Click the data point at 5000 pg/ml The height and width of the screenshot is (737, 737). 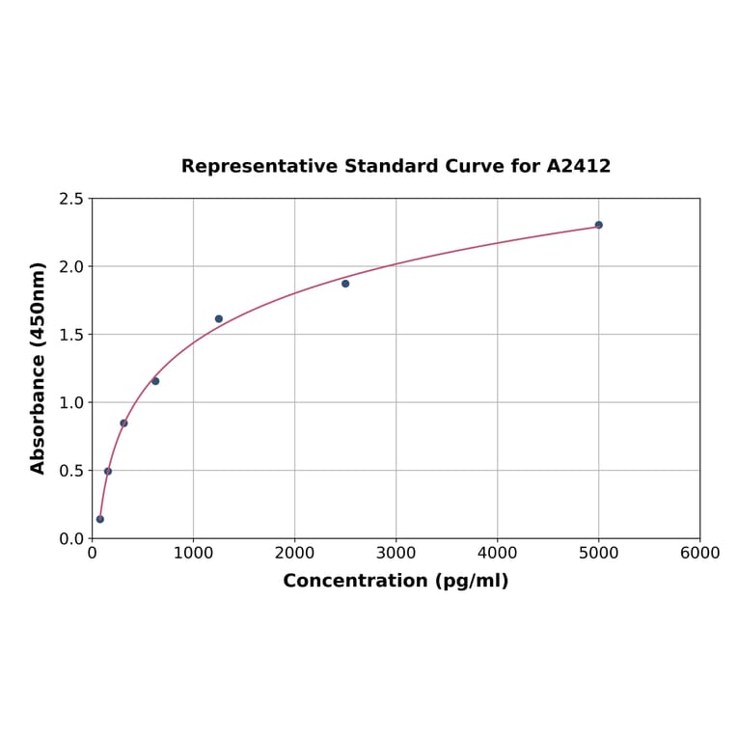[x=598, y=225]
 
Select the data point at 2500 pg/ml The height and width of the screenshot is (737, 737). [x=345, y=284]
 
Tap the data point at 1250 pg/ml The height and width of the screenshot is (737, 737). [x=219, y=319]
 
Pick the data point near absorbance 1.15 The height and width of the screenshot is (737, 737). [x=155, y=381]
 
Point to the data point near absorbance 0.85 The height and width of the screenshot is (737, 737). [x=123, y=423]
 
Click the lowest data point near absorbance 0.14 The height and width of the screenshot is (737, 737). [x=100, y=519]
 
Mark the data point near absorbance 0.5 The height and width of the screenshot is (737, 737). [x=108, y=472]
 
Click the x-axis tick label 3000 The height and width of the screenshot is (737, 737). [x=396, y=554]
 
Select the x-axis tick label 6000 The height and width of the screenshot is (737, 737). [x=699, y=554]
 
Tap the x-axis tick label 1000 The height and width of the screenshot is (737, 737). [x=193, y=554]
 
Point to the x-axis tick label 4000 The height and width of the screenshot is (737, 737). [x=497, y=554]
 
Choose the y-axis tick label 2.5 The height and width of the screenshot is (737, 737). [x=71, y=199]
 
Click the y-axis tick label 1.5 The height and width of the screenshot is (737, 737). [x=71, y=335]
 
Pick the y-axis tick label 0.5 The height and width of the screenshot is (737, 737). [x=71, y=471]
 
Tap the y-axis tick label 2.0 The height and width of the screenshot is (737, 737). [x=71, y=266]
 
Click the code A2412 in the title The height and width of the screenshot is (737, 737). [x=578, y=166]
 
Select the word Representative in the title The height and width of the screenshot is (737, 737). [x=246, y=166]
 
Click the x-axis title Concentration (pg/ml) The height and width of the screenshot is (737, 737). [x=396, y=581]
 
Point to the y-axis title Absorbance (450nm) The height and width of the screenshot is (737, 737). [x=39, y=368]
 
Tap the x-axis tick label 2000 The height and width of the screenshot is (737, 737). [x=294, y=554]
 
